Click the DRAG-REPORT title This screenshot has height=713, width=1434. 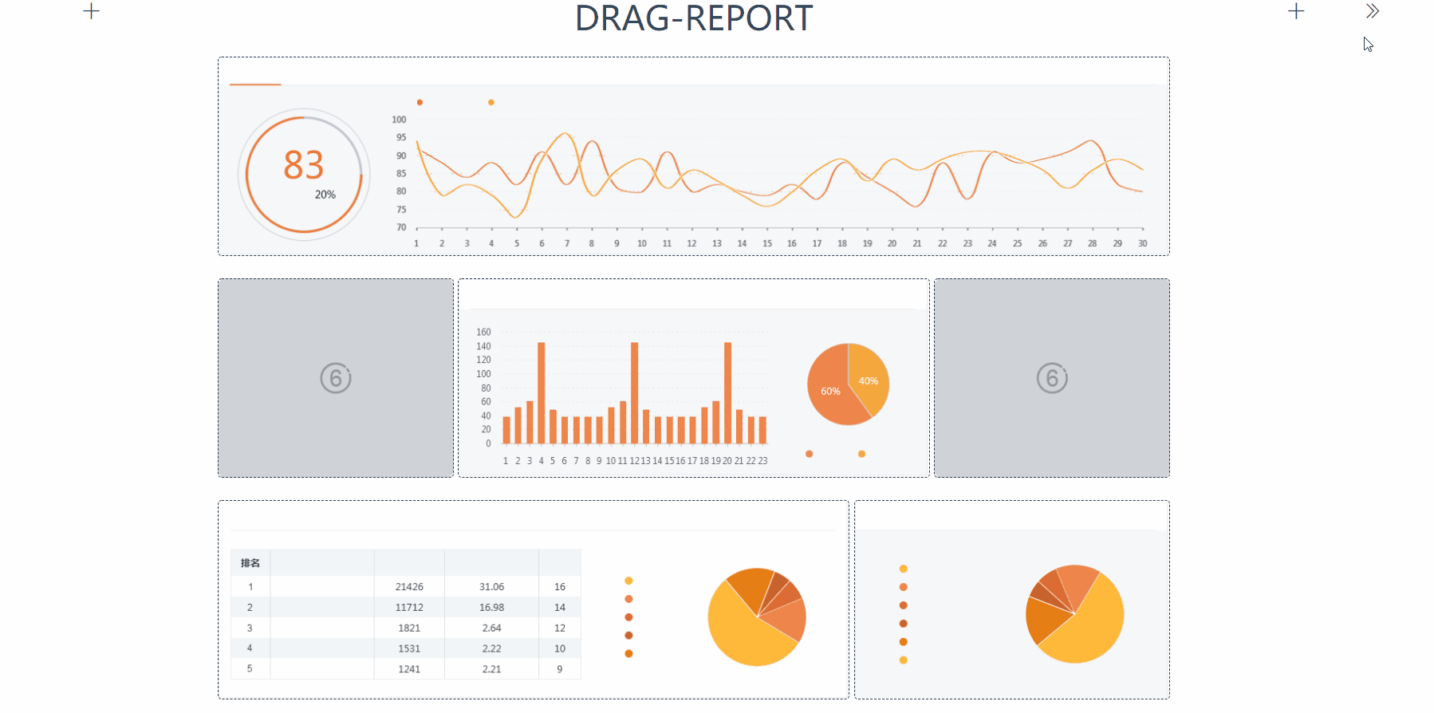click(x=693, y=18)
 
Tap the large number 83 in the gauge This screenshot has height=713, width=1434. click(x=304, y=165)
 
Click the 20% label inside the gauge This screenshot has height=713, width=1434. click(x=325, y=195)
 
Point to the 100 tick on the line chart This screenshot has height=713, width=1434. click(x=399, y=120)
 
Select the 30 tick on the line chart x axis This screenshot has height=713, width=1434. click(x=1142, y=243)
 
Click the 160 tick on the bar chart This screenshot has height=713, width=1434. click(x=483, y=332)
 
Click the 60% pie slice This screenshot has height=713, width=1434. click(x=830, y=392)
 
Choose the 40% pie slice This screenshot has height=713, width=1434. click(x=869, y=380)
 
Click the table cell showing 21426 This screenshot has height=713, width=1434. click(x=409, y=587)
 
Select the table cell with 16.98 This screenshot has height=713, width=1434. click(x=491, y=608)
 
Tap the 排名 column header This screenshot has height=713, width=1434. click(x=250, y=563)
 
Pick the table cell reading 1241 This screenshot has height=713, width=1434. click(x=409, y=669)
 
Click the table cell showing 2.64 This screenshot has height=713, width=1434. click(x=491, y=628)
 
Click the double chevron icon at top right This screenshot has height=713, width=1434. click(x=1372, y=11)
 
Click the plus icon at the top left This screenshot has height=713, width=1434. click(x=92, y=11)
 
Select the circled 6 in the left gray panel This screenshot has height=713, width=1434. click(x=336, y=378)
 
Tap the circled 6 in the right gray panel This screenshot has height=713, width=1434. click(x=1052, y=378)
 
